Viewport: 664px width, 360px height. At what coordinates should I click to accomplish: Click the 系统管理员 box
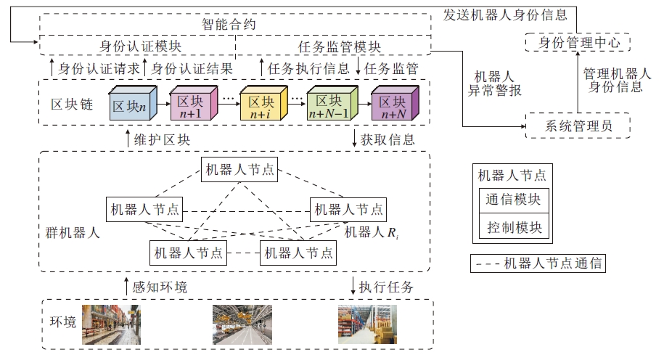point(578,126)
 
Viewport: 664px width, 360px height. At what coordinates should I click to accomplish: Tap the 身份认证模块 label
point(140,46)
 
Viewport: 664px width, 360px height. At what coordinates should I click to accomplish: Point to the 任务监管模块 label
point(334,46)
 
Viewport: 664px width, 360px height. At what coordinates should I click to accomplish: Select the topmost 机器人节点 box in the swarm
point(239,171)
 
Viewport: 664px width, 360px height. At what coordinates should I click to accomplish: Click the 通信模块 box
point(514,199)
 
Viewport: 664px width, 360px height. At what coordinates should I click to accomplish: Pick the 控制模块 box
point(514,227)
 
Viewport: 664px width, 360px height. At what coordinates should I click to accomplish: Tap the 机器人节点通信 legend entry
point(538,263)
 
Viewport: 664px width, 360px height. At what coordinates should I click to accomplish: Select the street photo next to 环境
point(111,324)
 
